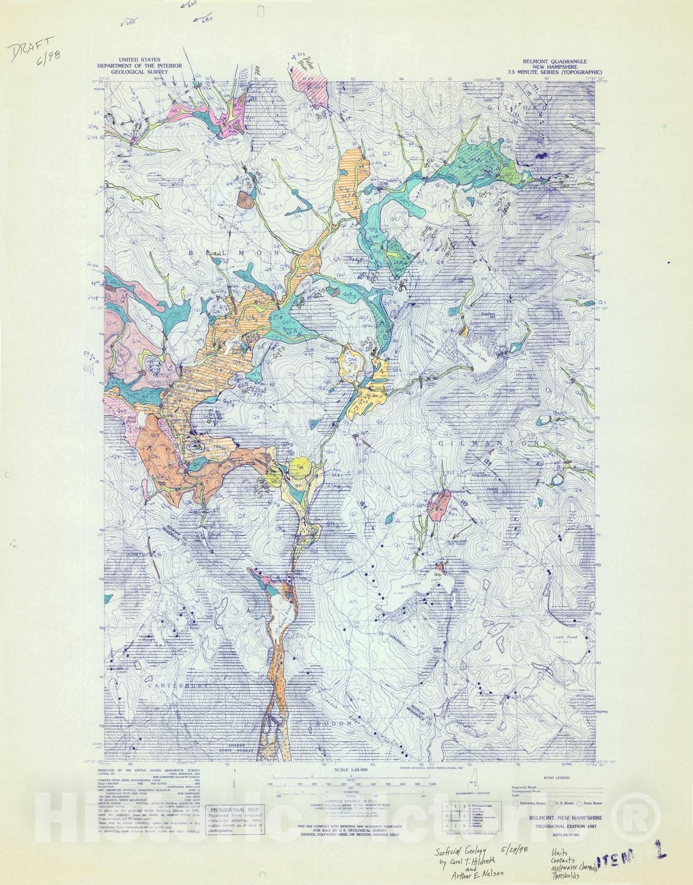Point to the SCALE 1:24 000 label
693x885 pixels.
344,769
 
